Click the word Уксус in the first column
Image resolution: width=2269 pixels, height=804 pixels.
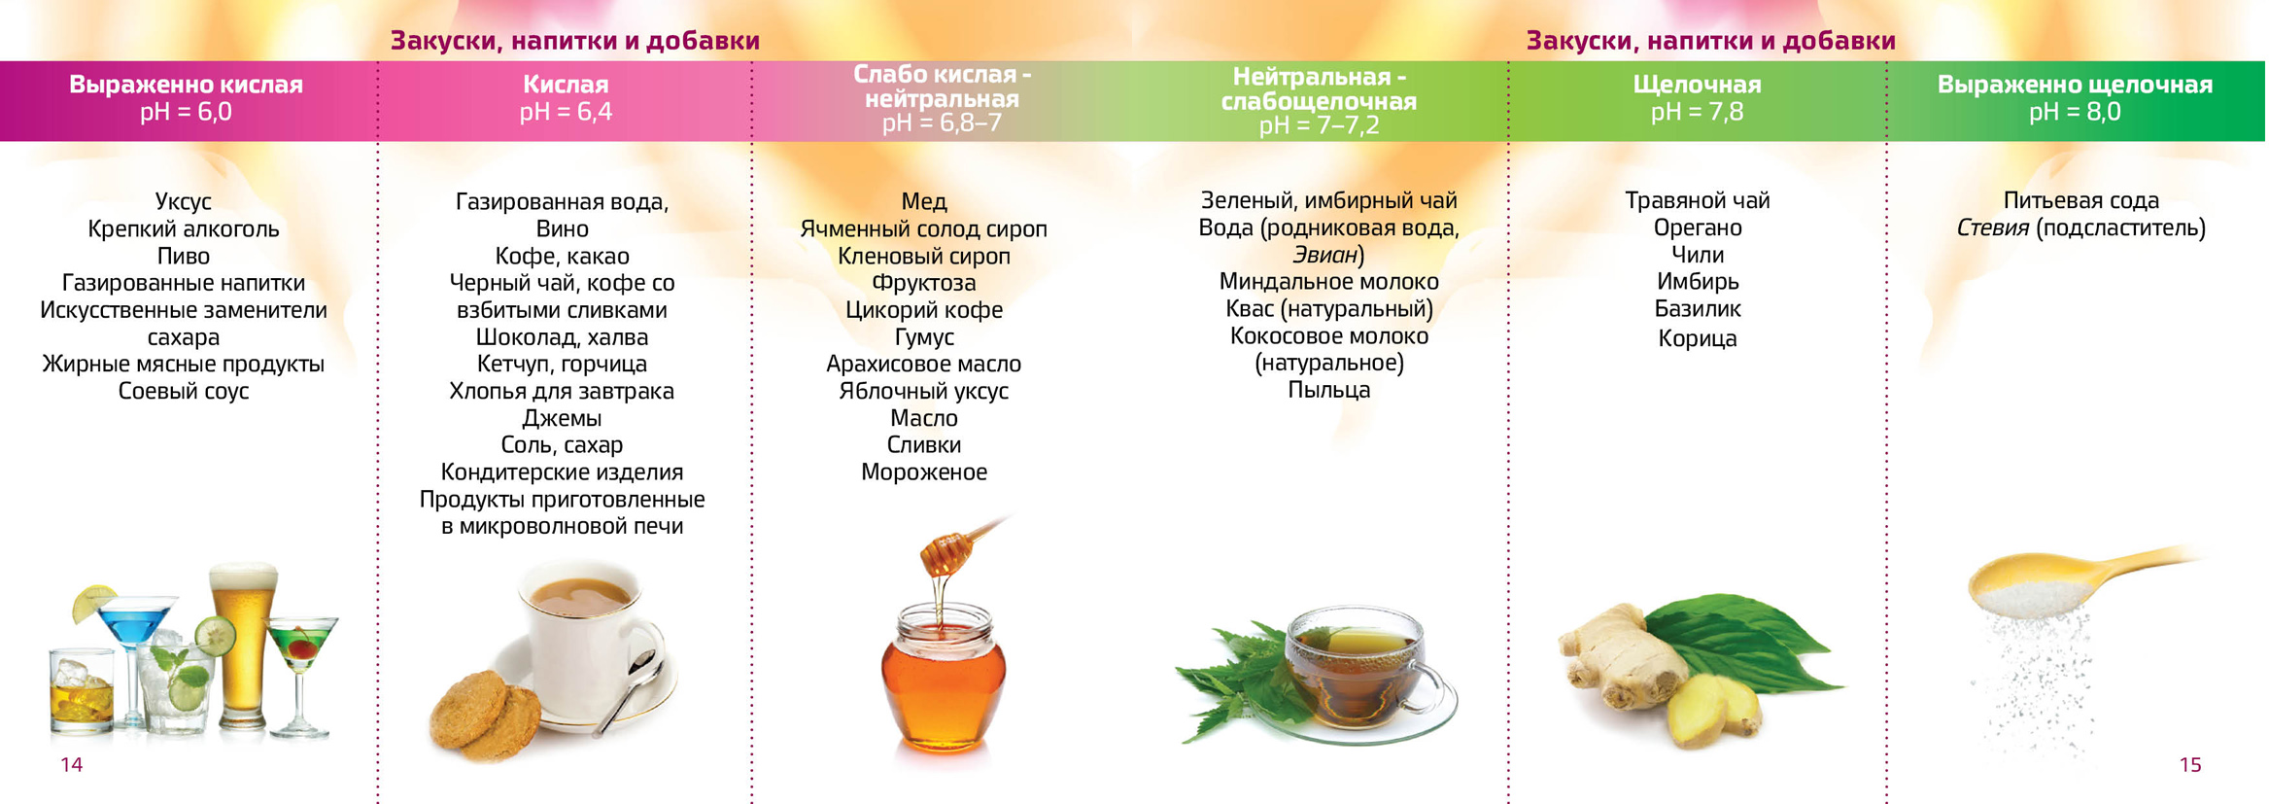183,202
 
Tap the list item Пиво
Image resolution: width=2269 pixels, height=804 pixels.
183,257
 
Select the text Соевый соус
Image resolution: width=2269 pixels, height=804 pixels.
183,392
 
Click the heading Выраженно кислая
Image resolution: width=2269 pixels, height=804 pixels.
186,85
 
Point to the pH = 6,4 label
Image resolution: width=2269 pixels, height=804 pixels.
566,112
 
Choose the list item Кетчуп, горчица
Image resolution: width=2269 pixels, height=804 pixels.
562,365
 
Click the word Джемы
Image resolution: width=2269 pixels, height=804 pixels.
562,419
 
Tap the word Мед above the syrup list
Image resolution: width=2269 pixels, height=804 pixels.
923,202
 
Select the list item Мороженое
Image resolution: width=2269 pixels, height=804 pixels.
923,472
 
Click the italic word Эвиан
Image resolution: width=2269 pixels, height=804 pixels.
1324,256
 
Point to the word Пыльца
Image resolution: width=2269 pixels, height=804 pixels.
1328,391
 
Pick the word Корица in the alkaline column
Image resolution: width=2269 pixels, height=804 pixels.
1697,339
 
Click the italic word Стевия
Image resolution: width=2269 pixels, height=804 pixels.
1992,228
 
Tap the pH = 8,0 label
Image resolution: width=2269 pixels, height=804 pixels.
2074,112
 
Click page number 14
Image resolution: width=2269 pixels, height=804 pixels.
72,765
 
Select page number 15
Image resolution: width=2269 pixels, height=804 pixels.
2189,765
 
